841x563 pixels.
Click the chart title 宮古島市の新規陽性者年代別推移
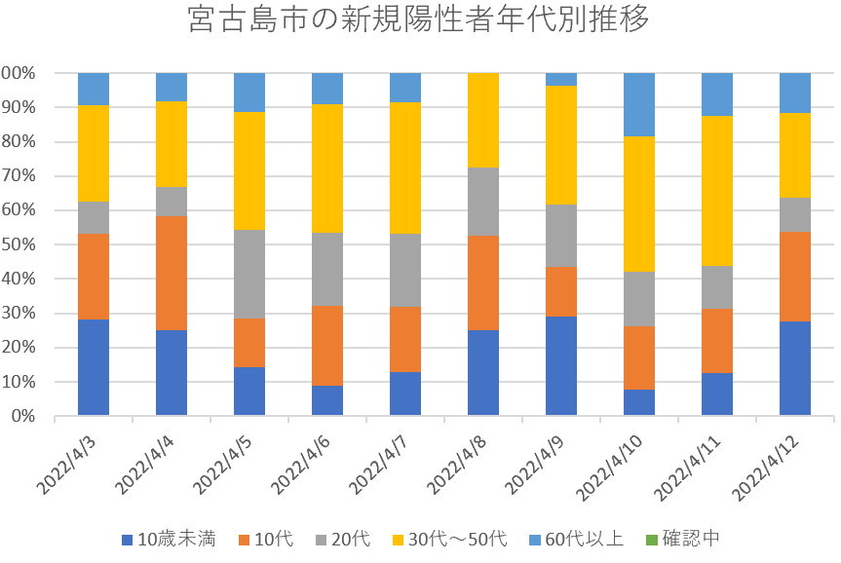point(418,20)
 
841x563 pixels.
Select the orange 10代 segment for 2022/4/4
point(172,273)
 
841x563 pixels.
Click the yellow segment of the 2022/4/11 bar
point(717,191)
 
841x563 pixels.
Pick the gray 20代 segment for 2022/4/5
point(249,274)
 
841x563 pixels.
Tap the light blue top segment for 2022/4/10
point(639,104)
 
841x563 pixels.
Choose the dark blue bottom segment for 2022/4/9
point(561,366)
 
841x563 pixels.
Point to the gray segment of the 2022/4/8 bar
point(483,202)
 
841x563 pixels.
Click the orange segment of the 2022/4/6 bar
point(327,345)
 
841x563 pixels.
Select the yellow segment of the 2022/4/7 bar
point(405,168)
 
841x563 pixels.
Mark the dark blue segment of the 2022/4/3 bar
point(94,367)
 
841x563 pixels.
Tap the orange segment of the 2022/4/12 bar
point(795,276)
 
